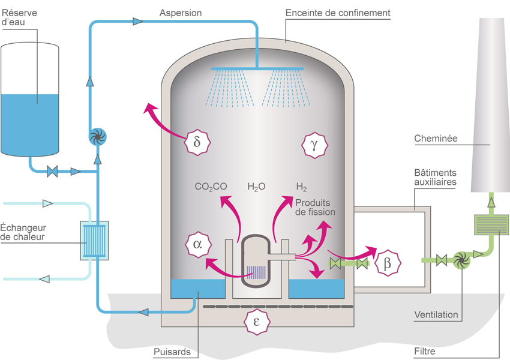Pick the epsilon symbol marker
(257, 321)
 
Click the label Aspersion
(181, 13)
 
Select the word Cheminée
(436, 139)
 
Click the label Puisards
(172, 352)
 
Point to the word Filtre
(424, 352)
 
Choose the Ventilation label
(436, 314)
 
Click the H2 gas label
(301, 187)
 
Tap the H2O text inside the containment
(257, 187)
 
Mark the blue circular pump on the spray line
(97, 137)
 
